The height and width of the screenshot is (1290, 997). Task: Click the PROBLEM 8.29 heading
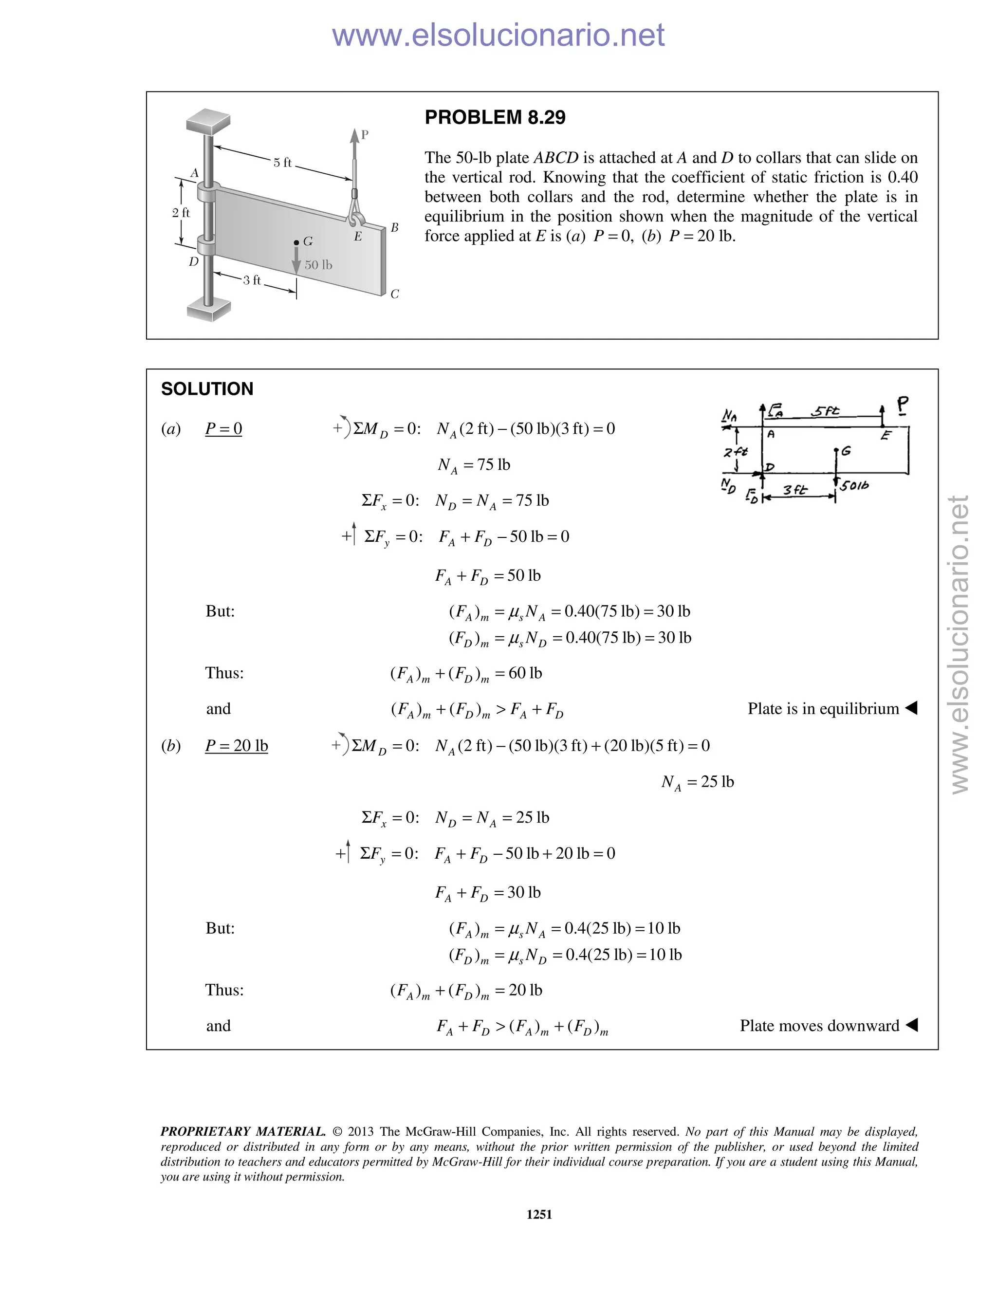pos(495,117)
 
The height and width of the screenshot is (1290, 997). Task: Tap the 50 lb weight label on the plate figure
pos(318,265)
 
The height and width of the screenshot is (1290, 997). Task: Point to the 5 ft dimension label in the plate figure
pos(282,163)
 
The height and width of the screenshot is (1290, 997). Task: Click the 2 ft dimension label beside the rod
pos(181,213)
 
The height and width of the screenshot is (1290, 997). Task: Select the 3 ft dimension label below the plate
pos(252,280)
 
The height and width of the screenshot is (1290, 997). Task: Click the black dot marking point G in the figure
pos(296,242)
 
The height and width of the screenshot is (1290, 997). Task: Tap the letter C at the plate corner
pos(394,294)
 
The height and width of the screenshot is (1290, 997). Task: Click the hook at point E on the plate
pos(355,218)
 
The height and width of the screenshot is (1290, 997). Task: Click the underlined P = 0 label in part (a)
pos(223,428)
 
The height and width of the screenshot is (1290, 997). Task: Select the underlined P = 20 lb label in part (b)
pos(236,745)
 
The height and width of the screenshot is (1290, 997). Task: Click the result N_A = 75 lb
pos(474,465)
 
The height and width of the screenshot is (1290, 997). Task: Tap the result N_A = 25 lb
pos(697,782)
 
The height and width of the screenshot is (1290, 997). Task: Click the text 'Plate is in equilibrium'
pos(823,708)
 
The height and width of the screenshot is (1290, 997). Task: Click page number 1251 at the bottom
pos(539,1215)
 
